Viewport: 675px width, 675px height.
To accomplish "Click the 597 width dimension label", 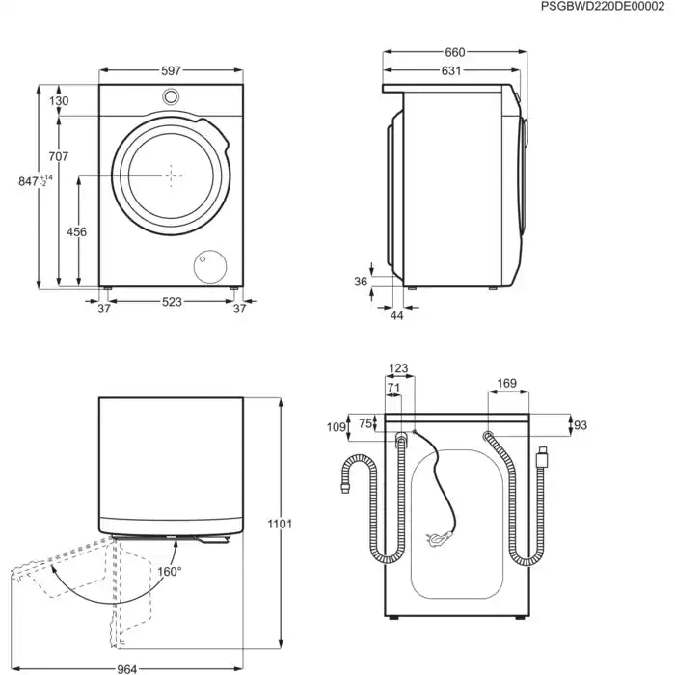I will coord(172,71).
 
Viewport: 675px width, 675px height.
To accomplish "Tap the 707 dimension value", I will coord(58,156).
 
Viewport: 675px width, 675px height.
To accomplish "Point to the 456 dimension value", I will coord(76,231).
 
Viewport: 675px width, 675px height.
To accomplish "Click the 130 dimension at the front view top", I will coord(58,101).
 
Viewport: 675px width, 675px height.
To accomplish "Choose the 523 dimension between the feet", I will coord(172,303).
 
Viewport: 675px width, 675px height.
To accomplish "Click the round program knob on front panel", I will coord(172,96).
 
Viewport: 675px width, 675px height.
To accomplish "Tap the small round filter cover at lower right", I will coord(208,263).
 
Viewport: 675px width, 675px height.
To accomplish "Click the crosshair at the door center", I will coord(172,175).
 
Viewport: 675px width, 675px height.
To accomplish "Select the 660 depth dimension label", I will coord(454,52).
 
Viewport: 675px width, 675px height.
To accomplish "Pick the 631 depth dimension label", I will coord(450,70).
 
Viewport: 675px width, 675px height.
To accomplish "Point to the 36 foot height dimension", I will coord(361,282).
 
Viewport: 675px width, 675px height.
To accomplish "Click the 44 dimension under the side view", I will coord(396,316).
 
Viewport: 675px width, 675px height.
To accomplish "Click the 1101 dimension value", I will coord(280,524).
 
